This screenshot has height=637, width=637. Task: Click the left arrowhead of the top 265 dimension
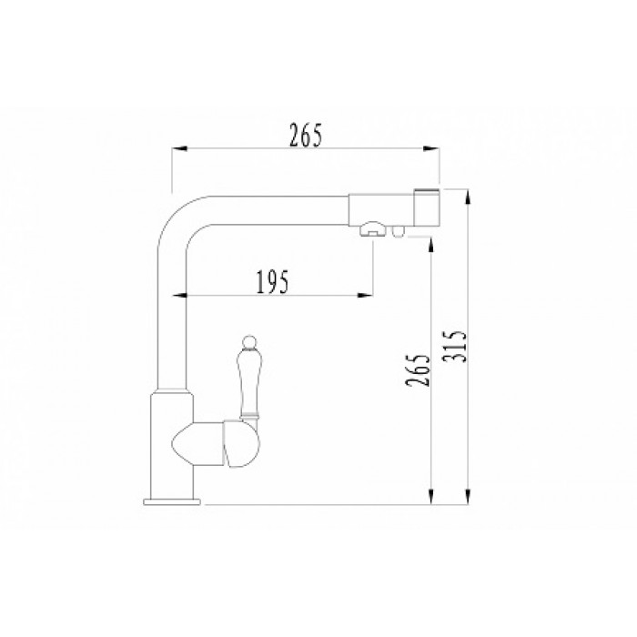[x=180, y=150]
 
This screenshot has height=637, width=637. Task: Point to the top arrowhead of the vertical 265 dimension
[x=430, y=244]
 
